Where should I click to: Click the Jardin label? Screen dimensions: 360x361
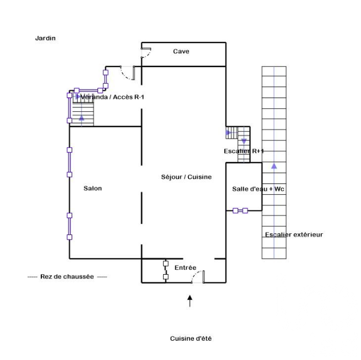pyautogui.click(x=46, y=38)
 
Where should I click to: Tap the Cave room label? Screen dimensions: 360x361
pyautogui.click(x=181, y=51)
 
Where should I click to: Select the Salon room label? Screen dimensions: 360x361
pyautogui.click(x=93, y=188)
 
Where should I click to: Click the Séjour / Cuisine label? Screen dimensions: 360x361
pyautogui.click(x=186, y=177)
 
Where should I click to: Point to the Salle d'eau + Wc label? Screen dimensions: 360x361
pyautogui.click(x=258, y=189)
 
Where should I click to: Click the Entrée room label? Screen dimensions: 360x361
pyautogui.click(x=185, y=268)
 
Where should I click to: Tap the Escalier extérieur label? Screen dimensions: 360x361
pyautogui.click(x=294, y=234)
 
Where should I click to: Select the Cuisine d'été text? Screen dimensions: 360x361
pyautogui.click(x=191, y=339)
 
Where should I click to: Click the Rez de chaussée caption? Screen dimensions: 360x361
pyautogui.click(x=67, y=276)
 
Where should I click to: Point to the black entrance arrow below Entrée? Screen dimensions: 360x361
pyautogui.click(x=190, y=301)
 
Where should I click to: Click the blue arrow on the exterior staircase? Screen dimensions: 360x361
pyautogui.click(x=274, y=165)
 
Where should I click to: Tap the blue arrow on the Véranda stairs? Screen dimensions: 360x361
pyautogui.click(x=83, y=117)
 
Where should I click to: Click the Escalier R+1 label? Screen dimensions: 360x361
pyautogui.click(x=244, y=151)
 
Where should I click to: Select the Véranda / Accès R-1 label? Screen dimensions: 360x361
pyautogui.click(x=112, y=97)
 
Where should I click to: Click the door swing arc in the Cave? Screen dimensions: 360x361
pyautogui.click(x=146, y=52)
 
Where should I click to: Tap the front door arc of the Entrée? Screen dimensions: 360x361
pyautogui.click(x=197, y=277)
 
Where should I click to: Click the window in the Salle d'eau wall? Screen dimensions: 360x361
pyautogui.click(x=240, y=210)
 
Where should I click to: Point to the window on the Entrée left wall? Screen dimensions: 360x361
pyautogui.click(x=165, y=270)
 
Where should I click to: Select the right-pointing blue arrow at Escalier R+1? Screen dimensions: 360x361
pyautogui.click(x=229, y=133)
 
